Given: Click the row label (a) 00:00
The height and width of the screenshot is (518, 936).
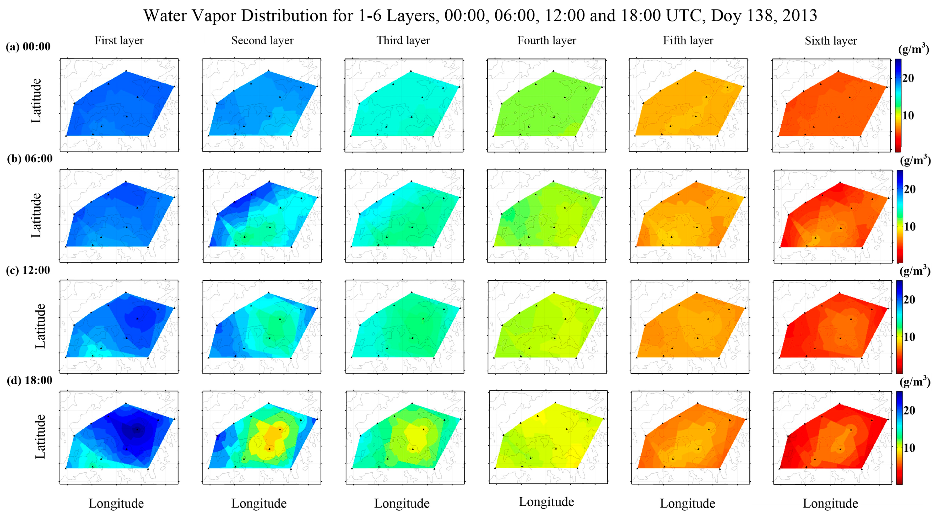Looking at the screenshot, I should [28, 46].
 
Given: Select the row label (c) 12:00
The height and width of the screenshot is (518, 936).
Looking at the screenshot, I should [28, 270].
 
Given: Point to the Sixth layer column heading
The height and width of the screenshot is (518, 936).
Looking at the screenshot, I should [831, 41].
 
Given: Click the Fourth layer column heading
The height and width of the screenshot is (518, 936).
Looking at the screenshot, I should [547, 40].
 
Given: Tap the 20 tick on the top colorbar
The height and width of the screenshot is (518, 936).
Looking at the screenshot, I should [908, 78].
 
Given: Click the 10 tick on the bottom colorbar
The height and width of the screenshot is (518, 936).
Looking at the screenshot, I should [909, 448].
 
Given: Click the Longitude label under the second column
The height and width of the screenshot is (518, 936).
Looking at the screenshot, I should [259, 504].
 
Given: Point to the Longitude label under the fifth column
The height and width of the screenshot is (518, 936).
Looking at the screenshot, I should [688, 504].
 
